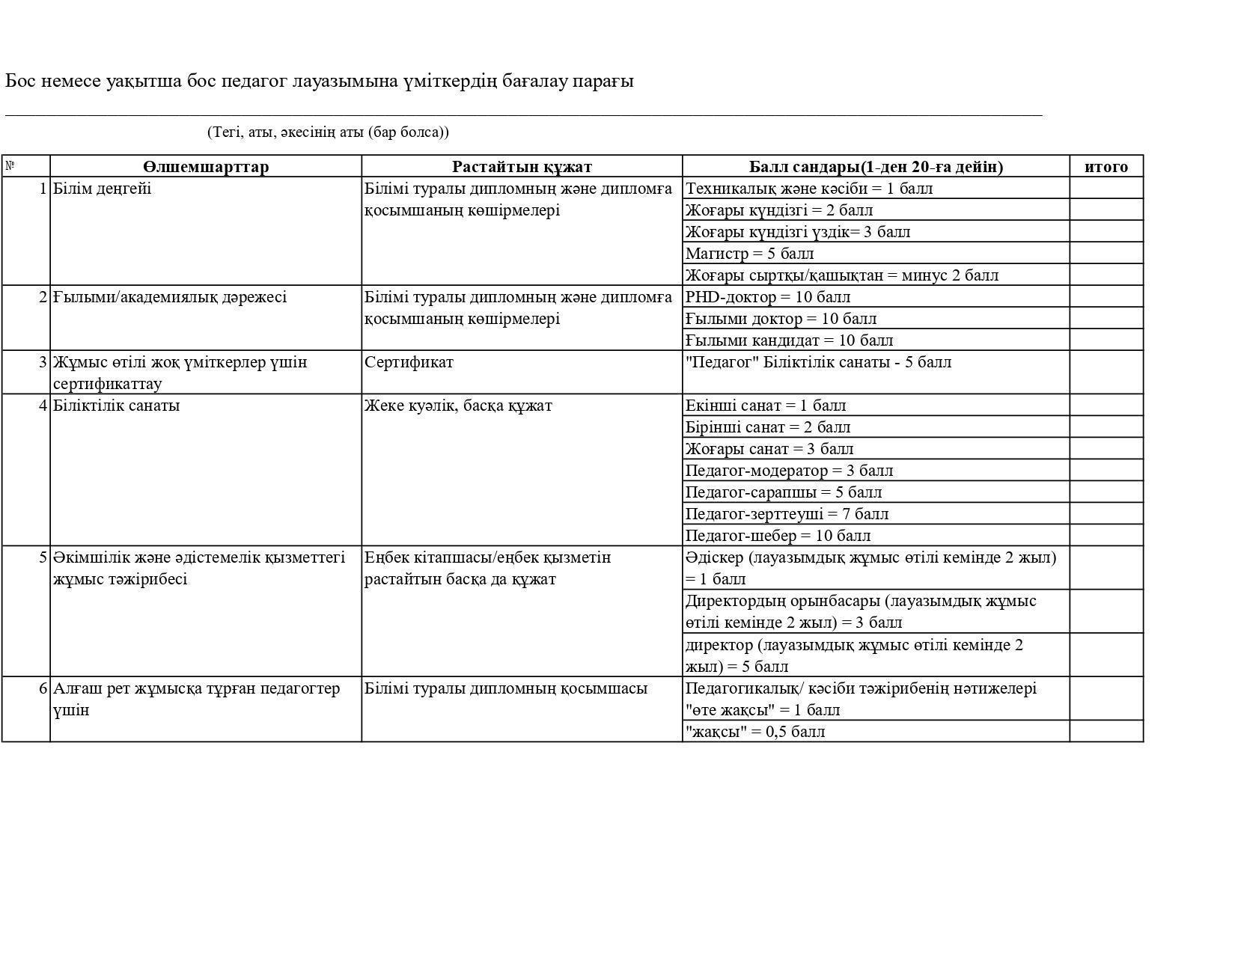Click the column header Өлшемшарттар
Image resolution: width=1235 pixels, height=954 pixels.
(205, 167)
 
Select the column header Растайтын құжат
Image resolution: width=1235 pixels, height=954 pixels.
(522, 167)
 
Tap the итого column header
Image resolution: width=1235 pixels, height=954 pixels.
(1106, 167)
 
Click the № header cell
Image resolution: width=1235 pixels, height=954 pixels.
(10, 166)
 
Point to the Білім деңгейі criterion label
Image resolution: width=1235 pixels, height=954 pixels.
(102, 189)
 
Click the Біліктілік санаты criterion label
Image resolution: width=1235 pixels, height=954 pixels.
(116, 406)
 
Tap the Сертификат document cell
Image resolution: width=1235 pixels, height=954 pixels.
(409, 362)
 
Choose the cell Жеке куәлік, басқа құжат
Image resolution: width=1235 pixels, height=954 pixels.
(458, 406)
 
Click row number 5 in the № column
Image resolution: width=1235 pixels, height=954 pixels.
(43, 557)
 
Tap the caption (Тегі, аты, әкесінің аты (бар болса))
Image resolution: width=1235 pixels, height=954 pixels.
(328, 132)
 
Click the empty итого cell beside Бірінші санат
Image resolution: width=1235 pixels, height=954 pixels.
(1106, 427)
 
